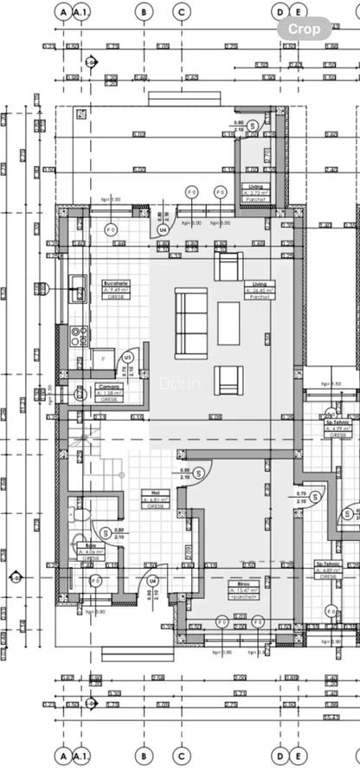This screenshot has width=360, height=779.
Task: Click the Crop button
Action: click(x=305, y=29)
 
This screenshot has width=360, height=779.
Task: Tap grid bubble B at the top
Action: click(x=144, y=12)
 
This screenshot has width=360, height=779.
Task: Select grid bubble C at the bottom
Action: click(x=181, y=756)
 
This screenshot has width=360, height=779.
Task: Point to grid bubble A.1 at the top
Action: click(x=80, y=12)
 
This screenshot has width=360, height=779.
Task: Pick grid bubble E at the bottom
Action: click(x=298, y=756)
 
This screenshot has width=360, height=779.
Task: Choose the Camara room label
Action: click(x=109, y=391)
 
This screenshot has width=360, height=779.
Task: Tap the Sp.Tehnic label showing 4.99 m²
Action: click(x=337, y=425)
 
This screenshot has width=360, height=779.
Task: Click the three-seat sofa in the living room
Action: click(x=191, y=323)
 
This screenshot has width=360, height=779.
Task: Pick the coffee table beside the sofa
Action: click(x=228, y=323)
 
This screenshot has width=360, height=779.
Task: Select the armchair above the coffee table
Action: click(x=228, y=267)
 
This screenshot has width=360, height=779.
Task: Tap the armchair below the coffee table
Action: click(x=228, y=379)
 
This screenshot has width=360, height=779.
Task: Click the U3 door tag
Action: click(x=128, y=357)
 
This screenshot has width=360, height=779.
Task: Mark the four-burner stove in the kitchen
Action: click(x=78, y=334)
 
